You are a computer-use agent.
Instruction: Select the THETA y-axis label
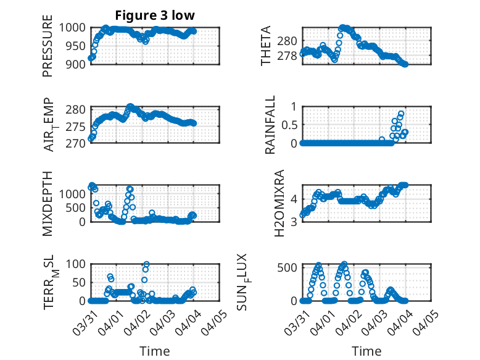[x=266, y=46]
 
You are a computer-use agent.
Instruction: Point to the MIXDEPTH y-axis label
[x=48, y=203]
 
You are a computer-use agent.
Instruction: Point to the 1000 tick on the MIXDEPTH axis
[x=73, y=193]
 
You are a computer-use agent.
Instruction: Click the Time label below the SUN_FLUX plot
[x=366, y=351]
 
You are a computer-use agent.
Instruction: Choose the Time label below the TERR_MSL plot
[x=155, y=351]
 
